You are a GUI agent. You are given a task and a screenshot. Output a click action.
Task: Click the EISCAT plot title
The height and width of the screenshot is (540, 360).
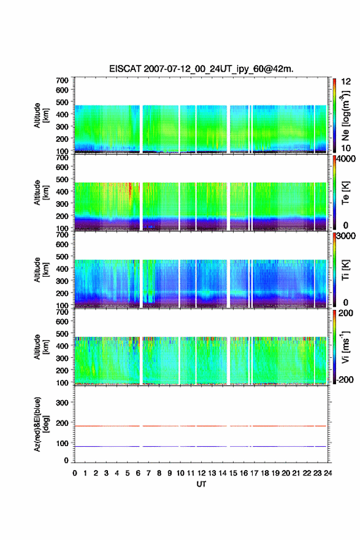click(201, 69)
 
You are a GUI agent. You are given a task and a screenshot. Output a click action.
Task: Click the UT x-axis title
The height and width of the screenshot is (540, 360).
click(201, 484)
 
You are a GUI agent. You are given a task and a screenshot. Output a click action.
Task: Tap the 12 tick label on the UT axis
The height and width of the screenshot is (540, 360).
click(201, 473)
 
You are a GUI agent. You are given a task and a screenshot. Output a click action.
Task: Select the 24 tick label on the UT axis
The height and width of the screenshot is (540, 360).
click(327, 473)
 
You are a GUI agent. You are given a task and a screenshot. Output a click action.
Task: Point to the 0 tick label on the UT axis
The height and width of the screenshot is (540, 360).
click(75, 473)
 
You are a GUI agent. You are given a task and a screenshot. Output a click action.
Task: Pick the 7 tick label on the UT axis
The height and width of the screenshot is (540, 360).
click(148, 473)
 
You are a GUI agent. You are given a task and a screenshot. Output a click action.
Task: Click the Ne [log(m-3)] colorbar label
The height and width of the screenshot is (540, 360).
click(345, 115)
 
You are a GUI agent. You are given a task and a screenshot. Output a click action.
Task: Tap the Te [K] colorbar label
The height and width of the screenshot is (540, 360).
click(345, 193)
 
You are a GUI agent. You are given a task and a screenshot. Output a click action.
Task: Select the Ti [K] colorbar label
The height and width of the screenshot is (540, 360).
click(345, 269)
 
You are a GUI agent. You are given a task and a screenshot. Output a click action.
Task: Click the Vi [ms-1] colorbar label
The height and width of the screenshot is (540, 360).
click(345, 347)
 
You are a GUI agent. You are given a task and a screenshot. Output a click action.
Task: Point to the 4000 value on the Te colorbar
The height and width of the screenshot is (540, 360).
click(347, 160)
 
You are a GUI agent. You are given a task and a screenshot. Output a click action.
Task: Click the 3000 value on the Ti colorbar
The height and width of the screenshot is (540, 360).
click(347, 236)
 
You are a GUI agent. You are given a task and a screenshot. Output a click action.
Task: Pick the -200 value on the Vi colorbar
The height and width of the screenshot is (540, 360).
click(343, 379)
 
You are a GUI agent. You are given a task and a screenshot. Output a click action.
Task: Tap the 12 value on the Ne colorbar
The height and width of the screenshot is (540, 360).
click(347, 82)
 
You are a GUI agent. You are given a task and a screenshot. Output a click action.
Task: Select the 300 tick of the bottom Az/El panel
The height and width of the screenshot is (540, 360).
click(63, 403)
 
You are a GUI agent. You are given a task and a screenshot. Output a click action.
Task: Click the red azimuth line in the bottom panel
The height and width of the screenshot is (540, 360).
click(201, 426)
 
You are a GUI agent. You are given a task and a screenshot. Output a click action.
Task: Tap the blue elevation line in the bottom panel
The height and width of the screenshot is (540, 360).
click(201, 446)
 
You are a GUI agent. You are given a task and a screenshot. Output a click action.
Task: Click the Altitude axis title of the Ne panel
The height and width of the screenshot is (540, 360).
click(41, 115)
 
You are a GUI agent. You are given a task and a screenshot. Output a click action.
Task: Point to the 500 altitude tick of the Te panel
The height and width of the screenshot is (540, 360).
click(63, 179)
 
